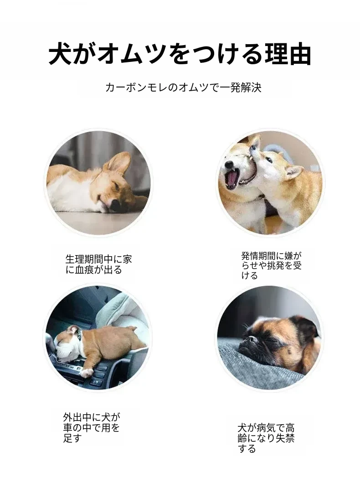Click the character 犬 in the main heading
coord(60,54)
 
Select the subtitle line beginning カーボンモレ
coord(183,87)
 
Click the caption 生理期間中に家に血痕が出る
coord(98,264)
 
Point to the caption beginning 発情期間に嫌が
coord(272,266)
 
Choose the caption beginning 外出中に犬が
coord(91,427)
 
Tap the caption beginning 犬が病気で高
coord(266,438)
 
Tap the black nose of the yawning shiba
coord(230,164)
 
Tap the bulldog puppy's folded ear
coord(73,330)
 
